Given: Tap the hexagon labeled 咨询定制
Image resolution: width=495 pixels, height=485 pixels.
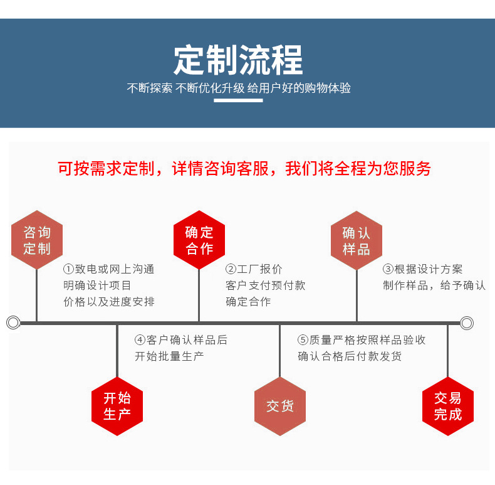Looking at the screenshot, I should (37, 240).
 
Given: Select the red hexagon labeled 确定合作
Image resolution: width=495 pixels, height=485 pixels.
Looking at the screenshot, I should (199, 240).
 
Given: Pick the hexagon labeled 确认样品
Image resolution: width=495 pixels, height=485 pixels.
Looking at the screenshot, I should (357, 241).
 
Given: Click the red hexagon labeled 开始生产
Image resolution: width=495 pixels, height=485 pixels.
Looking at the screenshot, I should (117, 406).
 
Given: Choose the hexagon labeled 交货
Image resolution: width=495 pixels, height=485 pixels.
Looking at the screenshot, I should (279, 406).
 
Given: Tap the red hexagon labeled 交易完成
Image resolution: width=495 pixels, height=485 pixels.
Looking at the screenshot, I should (447, 406).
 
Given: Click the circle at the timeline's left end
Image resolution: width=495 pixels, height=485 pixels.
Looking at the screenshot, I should (13, 323).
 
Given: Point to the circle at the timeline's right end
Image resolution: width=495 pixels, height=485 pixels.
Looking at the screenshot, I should (467, 323).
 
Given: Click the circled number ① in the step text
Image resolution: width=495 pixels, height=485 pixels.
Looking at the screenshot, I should (69, 269).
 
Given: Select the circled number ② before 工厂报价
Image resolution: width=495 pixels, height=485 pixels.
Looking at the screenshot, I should (231, 269).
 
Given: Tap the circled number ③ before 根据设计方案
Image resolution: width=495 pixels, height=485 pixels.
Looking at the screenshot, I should (388, 269).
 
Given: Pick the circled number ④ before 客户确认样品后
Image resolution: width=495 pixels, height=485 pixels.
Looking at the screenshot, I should (140, 340).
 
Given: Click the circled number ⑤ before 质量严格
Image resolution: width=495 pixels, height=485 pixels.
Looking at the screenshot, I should (303, 340).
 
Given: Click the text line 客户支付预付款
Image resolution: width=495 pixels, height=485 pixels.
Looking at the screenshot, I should (266, 285).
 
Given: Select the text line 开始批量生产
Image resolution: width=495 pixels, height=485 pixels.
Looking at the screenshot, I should (169, 356).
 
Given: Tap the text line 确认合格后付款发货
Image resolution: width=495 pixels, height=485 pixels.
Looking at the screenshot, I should (350, 356).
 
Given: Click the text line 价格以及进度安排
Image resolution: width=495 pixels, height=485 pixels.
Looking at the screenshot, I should (109, 302).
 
